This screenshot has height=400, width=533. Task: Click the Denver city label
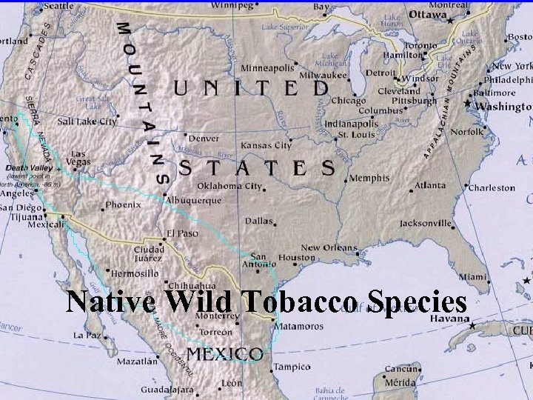point(204,139)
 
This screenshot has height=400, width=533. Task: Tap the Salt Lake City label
point(87,121)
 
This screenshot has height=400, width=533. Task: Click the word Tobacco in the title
point(295,303)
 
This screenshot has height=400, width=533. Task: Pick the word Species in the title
point(412,303)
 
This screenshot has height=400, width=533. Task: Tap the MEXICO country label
point(224,353)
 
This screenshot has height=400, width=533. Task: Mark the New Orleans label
point(330,248)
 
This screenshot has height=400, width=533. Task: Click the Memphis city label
point(369,179)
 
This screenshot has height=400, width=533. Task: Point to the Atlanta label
point(430,186)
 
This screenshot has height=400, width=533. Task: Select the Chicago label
point(349,100)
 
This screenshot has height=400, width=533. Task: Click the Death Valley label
point(28,167)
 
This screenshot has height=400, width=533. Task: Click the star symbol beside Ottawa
point(450,21)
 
